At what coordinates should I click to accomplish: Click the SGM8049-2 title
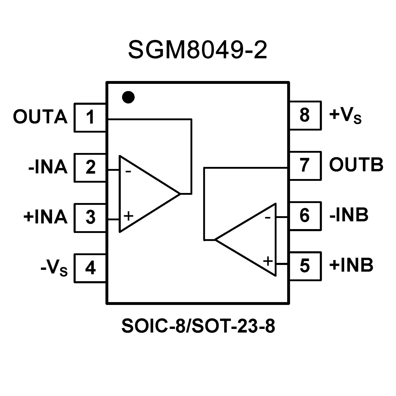198,50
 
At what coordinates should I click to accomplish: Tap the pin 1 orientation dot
128,97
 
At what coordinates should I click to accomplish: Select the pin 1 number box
90,117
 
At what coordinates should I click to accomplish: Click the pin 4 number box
90,268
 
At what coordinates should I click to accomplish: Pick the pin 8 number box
305,115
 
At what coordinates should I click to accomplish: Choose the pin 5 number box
305,266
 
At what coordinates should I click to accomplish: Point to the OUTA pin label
40,117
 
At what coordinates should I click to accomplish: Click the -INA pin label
48,167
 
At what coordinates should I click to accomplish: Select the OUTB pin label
356,164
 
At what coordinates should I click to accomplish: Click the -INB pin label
349,215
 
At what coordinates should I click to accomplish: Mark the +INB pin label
351,265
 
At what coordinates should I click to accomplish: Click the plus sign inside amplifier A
128,216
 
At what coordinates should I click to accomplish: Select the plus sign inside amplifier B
268,261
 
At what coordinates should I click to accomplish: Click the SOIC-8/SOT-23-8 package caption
198,326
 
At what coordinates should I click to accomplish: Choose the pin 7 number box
305,165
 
